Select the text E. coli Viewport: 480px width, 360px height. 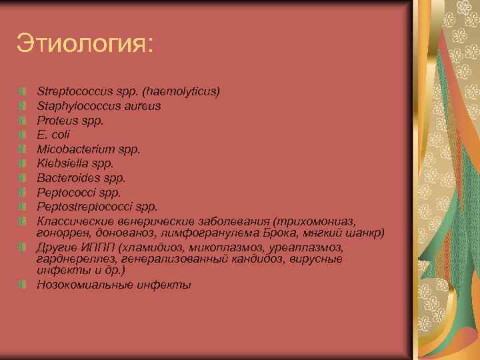click(53, 134)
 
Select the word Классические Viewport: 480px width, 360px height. click(74, 221)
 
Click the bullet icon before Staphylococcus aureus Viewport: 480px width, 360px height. click(23, 105)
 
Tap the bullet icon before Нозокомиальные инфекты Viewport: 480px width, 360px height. click(23, 285)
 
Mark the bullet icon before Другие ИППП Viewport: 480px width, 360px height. click(23, 247)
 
